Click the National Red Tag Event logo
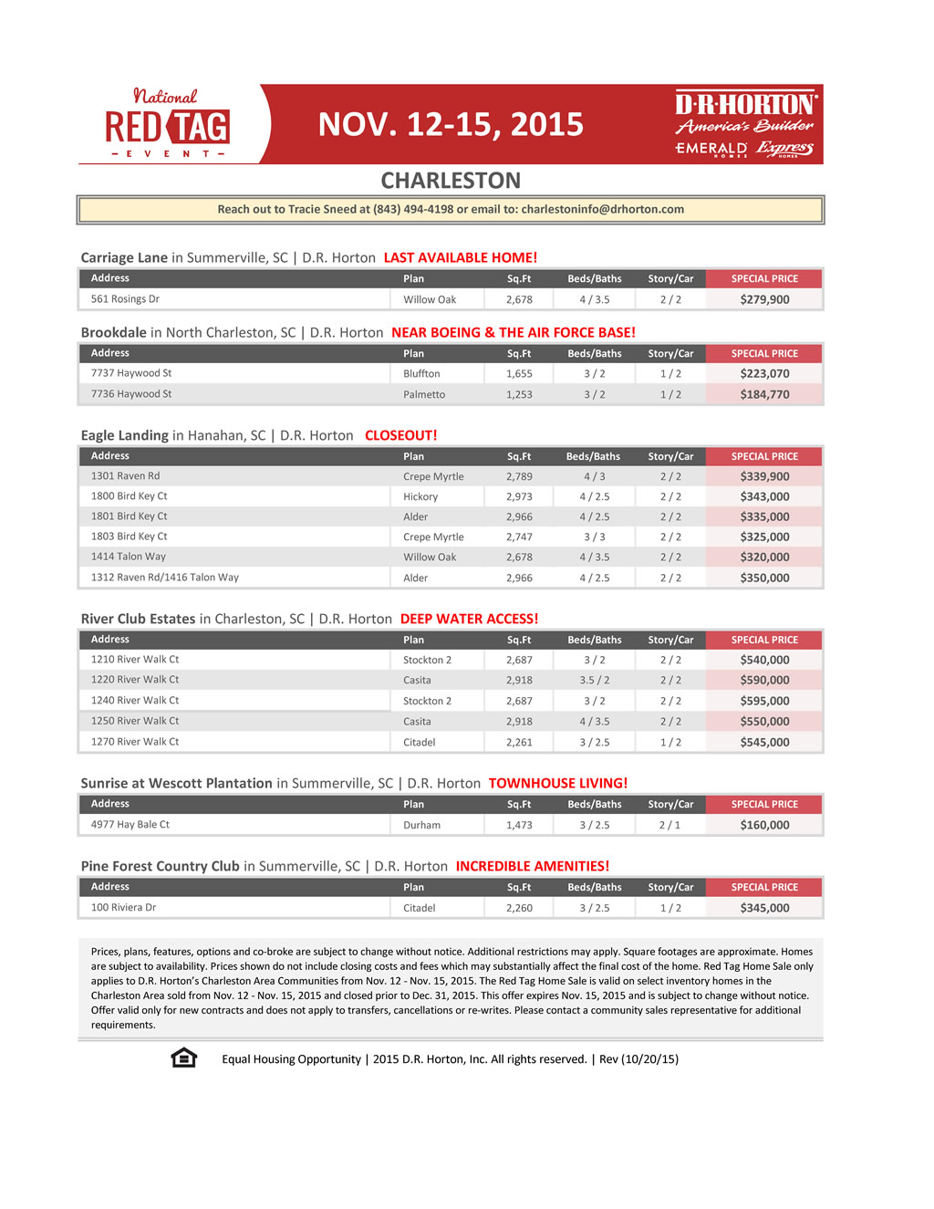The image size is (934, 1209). point(167,124)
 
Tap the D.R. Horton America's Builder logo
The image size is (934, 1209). point(745,113)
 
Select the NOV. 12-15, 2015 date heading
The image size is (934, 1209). point(451,125)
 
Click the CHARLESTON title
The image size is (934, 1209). point(451,181)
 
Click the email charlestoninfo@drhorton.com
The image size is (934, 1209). point(602,210)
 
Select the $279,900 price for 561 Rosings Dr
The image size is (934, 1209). point(764,299)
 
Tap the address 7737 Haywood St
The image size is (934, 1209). point(131,373)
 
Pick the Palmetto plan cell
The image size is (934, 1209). point(424,394)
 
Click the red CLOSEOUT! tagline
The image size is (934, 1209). point(401,435)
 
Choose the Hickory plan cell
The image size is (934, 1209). point(420,496)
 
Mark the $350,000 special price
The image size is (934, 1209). point(764,578)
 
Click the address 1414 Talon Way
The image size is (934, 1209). point(129,557)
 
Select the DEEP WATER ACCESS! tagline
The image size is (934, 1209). point(469,619)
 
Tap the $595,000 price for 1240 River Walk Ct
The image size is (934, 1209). point(764,701)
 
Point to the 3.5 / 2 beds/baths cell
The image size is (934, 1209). point(595,680)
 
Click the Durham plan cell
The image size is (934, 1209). point(421,825)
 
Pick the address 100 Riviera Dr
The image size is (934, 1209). point(123,908)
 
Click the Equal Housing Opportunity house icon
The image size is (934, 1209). point(184,1058)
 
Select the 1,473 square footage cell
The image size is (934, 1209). point(519,825)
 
